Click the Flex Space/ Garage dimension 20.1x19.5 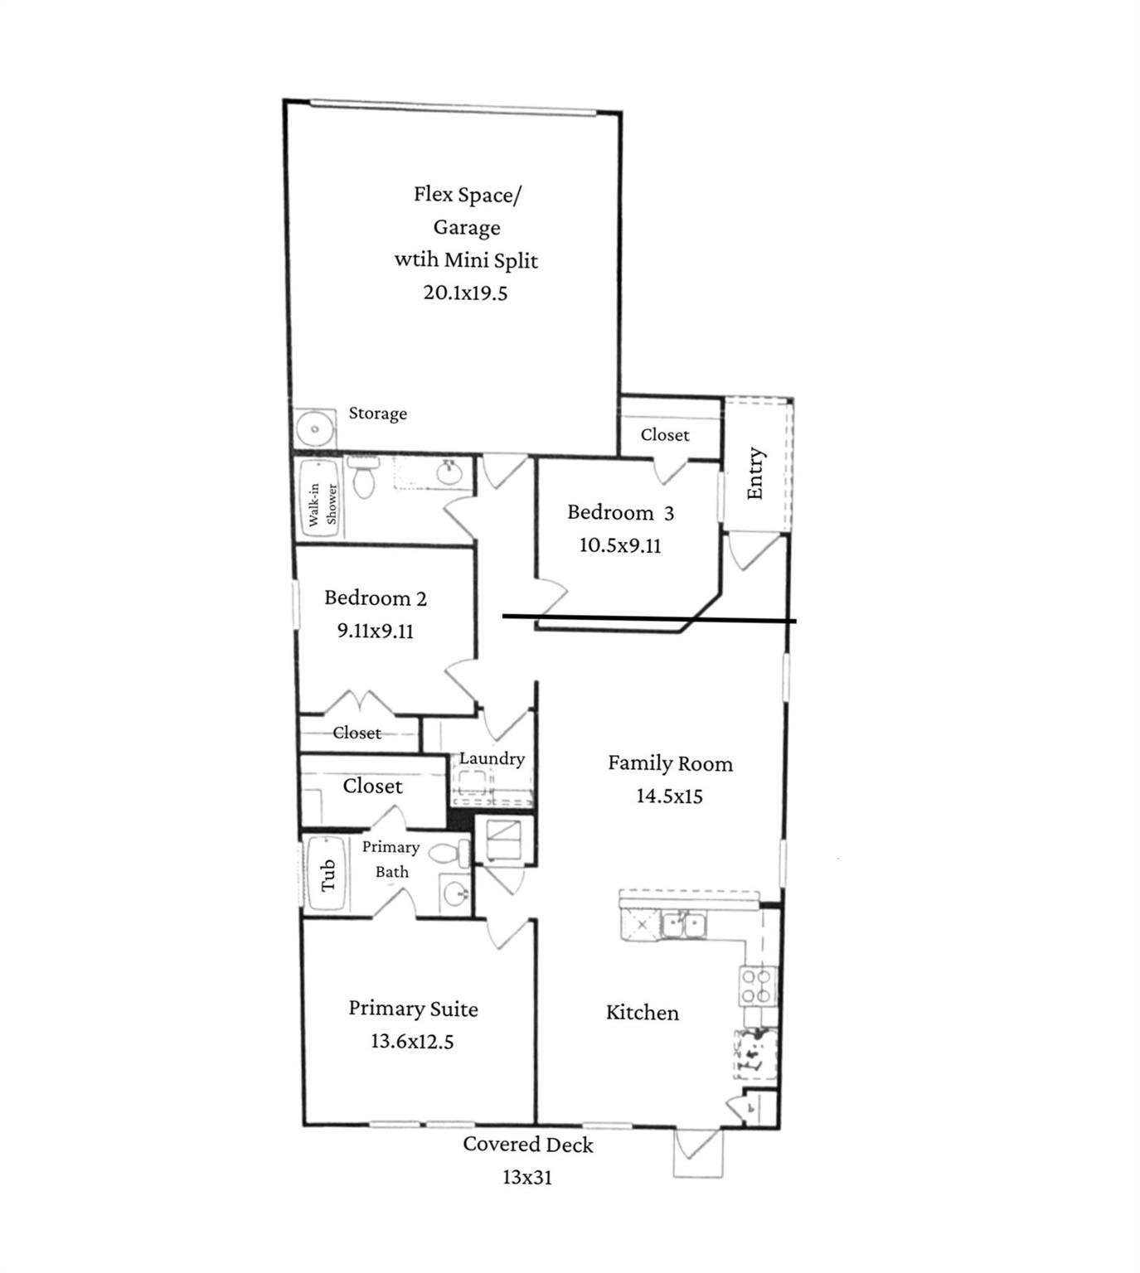coord(465,293)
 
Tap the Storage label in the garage coord(378,414)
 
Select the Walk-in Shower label coord(323,504)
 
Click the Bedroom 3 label coord(621,512)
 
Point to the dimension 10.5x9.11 coord(621,545)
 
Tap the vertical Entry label coord(755,474)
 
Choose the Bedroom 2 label coord(376,598)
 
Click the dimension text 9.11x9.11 coord(376,630)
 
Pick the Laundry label coord(492,758)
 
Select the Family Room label coord(670,763)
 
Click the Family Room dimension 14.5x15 coord(670,796)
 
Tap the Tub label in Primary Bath coord(327,875)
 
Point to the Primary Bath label coord(391,859)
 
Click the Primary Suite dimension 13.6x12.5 coord(413,1041)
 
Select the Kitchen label coord(643,1012)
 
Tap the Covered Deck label coord(528,1145)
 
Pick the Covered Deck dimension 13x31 coord(527,1177)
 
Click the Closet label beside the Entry coord(665,435)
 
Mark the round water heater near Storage coord(315,428)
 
